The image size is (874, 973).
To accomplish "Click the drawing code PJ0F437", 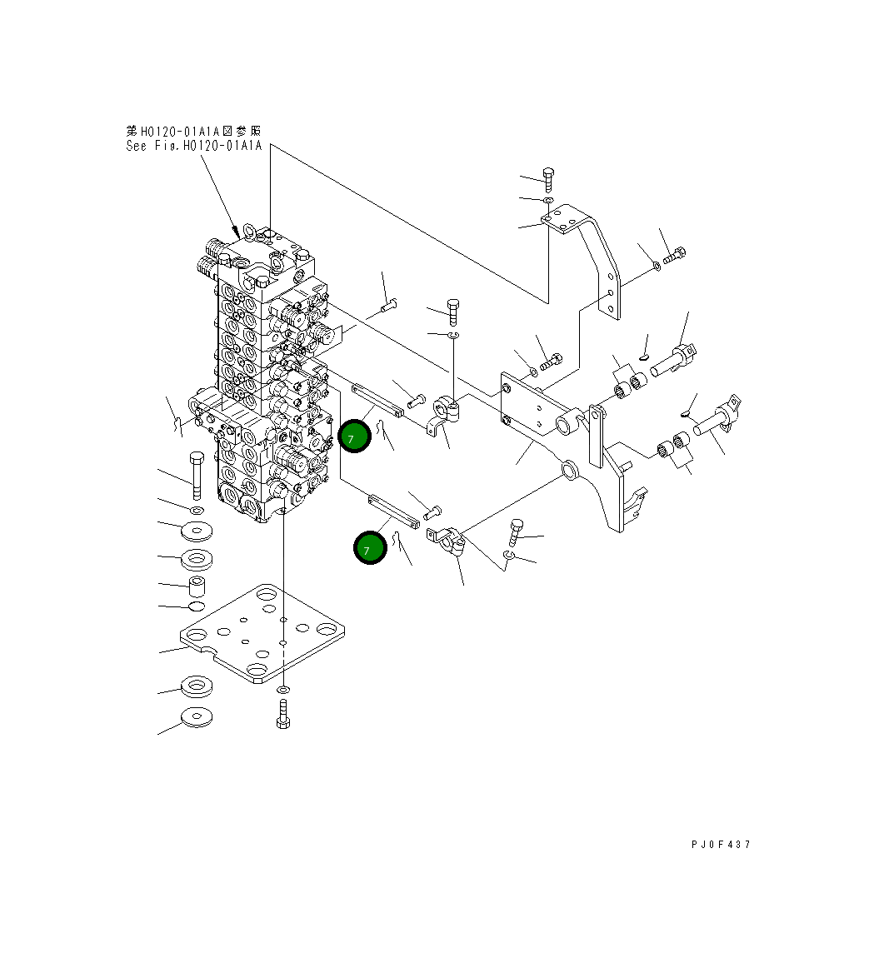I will pyautogui.click(x=721, y=844).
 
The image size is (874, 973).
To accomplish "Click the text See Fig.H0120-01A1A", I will pyautogui.click(x=193, y=146).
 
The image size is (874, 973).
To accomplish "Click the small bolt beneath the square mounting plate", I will pyautogui.click(x=283, y=715).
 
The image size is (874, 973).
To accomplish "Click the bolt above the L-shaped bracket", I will pyautogui.click(x=548, y=177).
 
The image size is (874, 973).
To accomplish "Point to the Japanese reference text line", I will pyautogui.click(x=193, y=131).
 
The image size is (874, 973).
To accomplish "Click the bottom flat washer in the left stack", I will pyautogui.click(x=197, y=716).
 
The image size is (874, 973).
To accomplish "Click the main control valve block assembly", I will pyautogui.click(x=267, y=375).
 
